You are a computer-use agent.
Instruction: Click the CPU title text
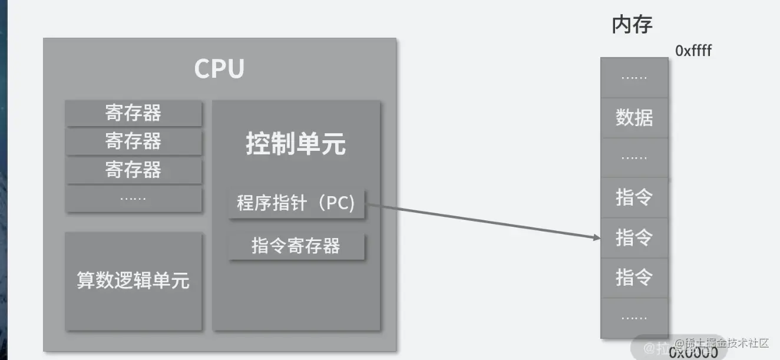[x=219, y=69]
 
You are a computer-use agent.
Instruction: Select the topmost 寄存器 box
[x=133, y=113]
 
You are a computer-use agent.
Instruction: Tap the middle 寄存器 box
[x=133, y=141]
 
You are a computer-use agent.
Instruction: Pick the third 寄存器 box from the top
[x=133, y=170]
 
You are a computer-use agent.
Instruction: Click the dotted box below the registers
[x=133, y=199]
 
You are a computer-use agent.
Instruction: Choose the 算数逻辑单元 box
[x=133, y=280]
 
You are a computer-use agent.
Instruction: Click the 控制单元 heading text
[x=296, y=144]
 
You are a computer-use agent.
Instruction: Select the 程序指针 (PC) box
[x=296, y=204]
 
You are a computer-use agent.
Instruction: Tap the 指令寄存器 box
[x=296, y=246]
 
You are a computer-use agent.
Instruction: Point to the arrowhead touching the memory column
[x=596, y=237]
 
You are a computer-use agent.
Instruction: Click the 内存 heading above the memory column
[x=632, y=25]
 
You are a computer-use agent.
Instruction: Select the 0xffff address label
[x=693, y=51]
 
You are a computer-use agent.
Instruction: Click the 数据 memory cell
[x=634, y=118]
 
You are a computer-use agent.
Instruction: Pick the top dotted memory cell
[x=634, y=78]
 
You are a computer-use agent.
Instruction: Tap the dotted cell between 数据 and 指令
[x=634, y=158]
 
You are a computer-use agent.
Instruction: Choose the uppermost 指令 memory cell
[x=634, y=197]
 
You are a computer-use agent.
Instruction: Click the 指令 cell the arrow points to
[x=634, y=237]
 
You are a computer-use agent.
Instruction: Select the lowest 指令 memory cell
[x=634, y=277]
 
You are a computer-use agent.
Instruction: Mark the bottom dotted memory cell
[x=634, y=318]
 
